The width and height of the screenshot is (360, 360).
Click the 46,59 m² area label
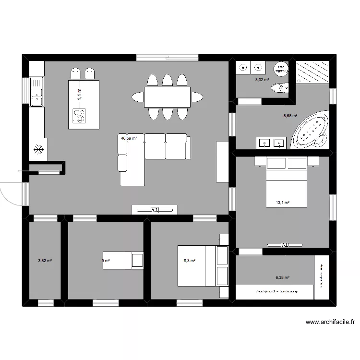(x=129, y=138)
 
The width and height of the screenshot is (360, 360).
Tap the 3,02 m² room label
(x=262, y=80)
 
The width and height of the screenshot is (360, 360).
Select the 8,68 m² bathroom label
(x=290, y=116)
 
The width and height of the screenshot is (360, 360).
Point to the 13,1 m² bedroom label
(x=282, y=203)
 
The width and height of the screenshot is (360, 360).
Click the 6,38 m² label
(x=282, y=277)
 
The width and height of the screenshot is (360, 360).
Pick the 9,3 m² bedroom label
(x=190, y=261)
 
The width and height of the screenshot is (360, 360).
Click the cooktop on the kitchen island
(x=79, y=115)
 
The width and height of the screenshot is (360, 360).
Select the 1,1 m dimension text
(x=80, y=93)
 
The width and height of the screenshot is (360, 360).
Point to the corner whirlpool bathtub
(x=312, y=130)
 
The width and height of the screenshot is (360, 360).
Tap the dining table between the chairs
(x=167, y=97)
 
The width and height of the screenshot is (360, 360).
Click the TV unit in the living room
(x=155, y=210)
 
